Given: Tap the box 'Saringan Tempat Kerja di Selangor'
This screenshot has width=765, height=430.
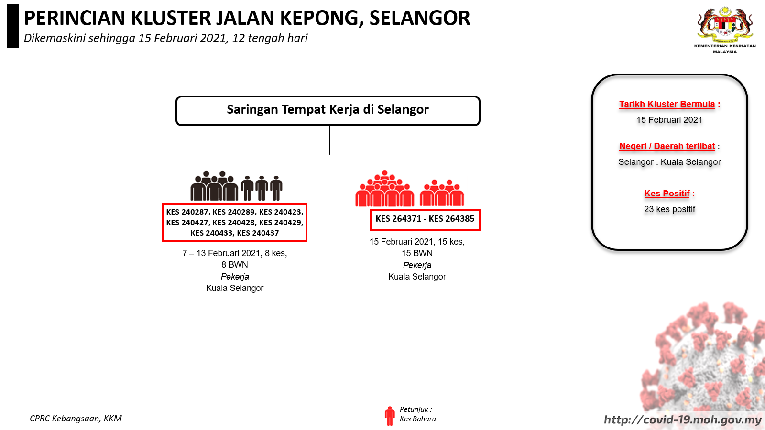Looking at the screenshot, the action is click(x=328, y=110).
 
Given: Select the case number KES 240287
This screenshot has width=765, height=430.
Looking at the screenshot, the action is click(x=187, y=212).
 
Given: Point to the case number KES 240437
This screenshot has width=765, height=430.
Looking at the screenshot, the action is click(x=258, y=233).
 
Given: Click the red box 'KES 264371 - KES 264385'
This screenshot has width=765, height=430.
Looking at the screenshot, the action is click(x=425, y=220).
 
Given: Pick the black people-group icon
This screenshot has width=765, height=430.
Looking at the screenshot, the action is click(x=236, y=185).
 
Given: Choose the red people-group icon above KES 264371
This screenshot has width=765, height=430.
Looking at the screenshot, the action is click(x=409, y=188).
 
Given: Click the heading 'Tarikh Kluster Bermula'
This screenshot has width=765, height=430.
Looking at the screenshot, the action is click(x=667, y=104).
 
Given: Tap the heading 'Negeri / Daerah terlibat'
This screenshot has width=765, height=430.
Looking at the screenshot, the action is click(x=667, y=146).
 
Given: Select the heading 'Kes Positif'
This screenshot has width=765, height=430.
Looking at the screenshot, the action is click(x=667, y=193).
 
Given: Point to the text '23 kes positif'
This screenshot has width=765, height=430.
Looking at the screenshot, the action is click(x=669, y=209).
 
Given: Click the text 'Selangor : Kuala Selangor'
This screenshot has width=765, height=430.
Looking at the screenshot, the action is click(x=669, y=162).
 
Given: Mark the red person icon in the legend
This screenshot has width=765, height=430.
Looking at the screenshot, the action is click(x=389, y=416).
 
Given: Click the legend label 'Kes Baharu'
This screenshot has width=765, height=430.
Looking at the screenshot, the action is click(x=418, y=419).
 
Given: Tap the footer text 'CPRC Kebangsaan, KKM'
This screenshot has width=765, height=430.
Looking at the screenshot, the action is click(x=76, y=419).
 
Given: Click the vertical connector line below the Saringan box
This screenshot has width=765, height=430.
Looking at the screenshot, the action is click(x=329, y=140).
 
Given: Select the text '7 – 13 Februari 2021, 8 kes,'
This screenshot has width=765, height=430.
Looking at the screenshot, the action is click(x=235, y=253).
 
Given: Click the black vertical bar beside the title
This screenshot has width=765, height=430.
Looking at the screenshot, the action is click(x=12, y=26).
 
